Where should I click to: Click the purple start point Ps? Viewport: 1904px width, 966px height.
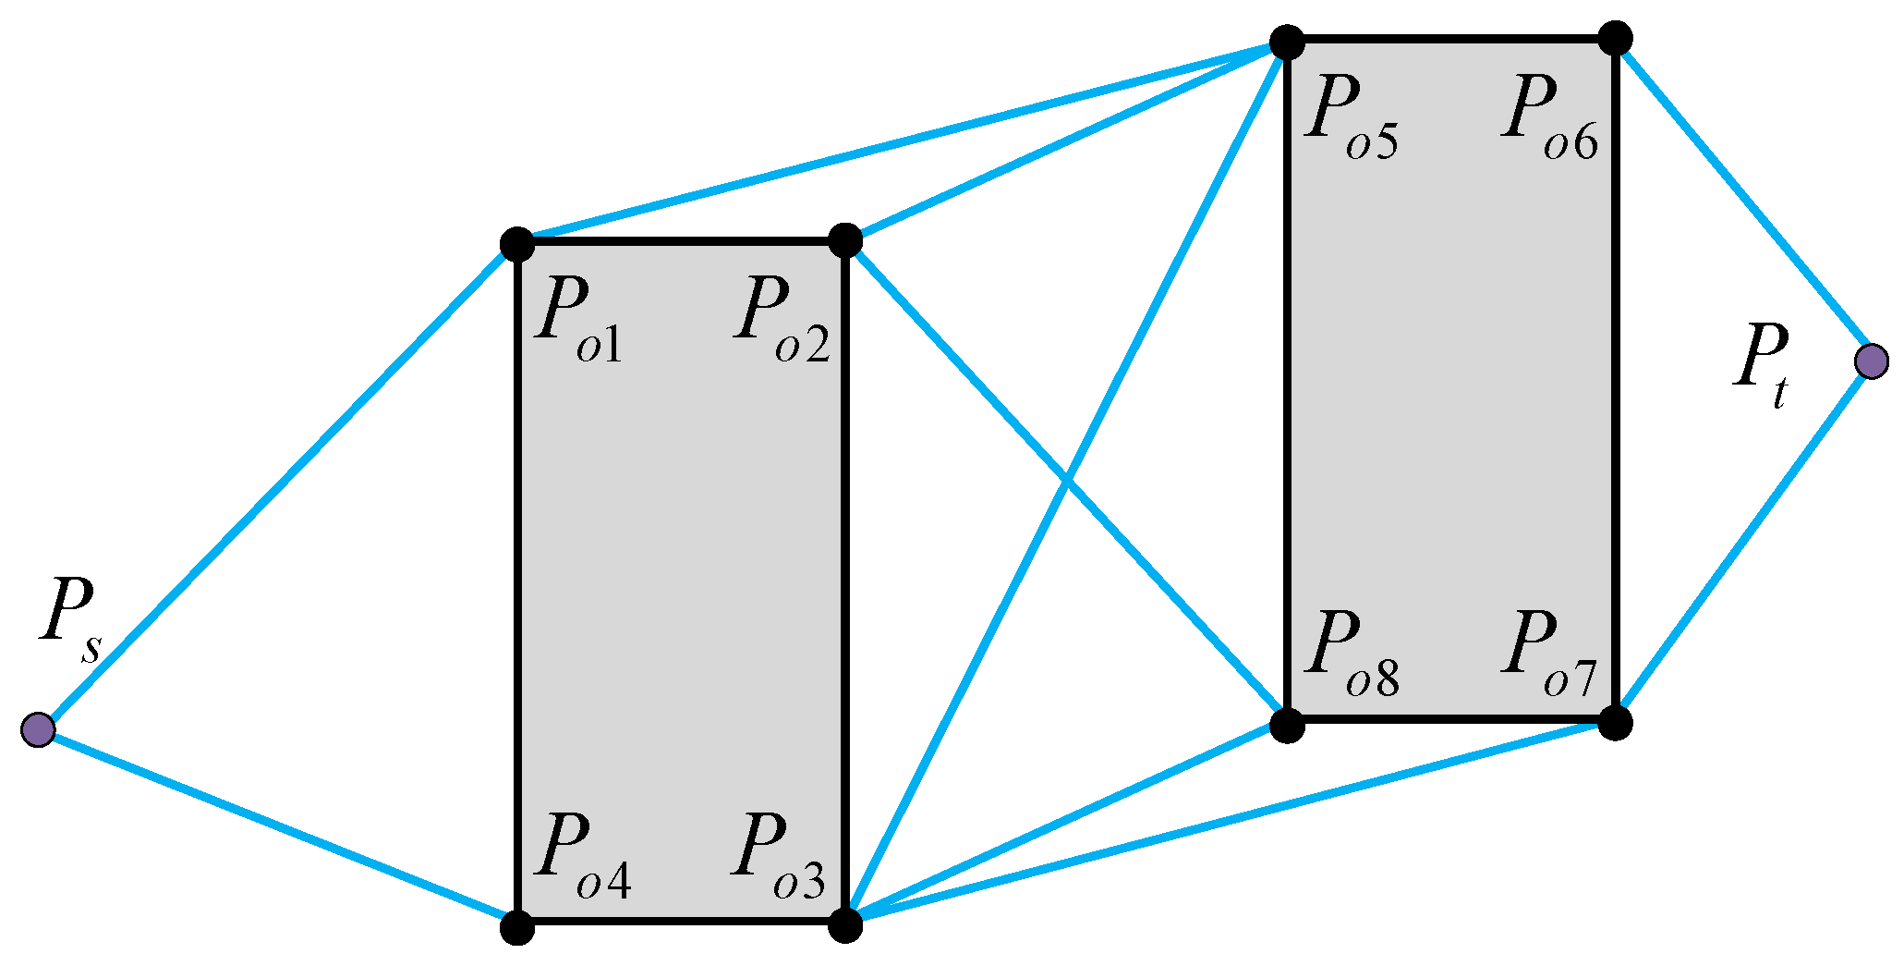pyautogui.click(x=38, y=729)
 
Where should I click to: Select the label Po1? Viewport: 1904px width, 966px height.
pyautogui.click(x=578, y=320)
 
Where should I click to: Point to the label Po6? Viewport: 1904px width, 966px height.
pyautogui.click(x=1548, y=118)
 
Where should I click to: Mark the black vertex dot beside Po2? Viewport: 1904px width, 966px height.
pyautogui.click(x=845, y=240)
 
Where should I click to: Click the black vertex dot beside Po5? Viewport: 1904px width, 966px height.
pyautogui.click(x=1286, y=43)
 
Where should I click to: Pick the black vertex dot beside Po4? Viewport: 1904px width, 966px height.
pyautogui.click(x=517, y=926)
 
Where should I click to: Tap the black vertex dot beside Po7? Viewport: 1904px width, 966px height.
pyautogui.click(x=1615, y=722)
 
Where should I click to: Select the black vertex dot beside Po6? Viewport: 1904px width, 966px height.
pyautogui.click(x=1616, y=39)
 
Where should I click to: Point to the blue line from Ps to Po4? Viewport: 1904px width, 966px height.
pyautogui.click(x=277, y=828)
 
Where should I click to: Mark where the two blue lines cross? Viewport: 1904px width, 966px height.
pyautogui.click(x=1067, y=482)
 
